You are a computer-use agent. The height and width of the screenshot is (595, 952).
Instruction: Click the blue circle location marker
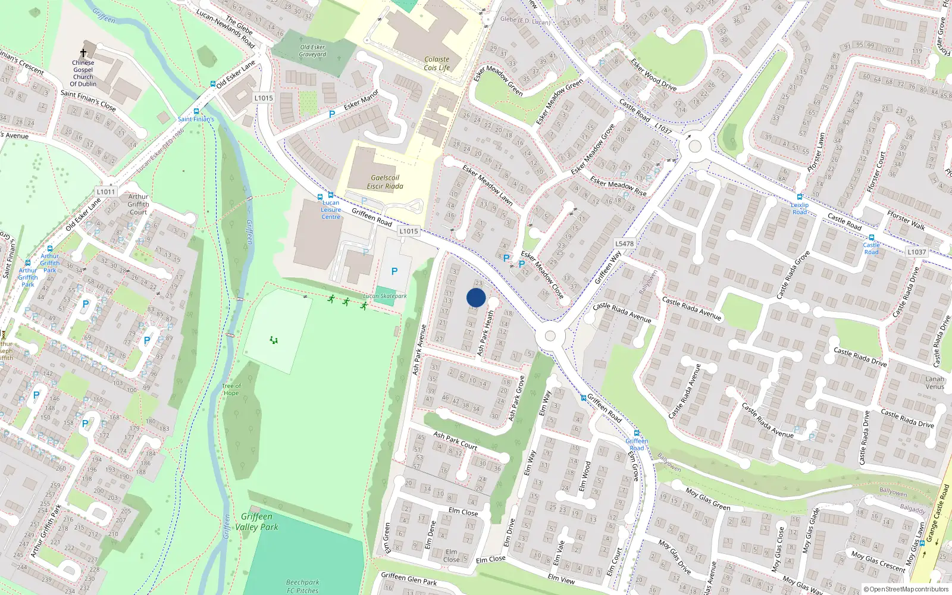[x=476, y=297]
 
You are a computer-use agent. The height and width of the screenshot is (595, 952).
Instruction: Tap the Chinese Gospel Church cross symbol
[x=83, y=53]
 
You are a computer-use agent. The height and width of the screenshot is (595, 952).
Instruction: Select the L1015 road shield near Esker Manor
[x=263, y=98]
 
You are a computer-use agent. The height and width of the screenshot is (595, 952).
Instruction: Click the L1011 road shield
[x=106, y=192]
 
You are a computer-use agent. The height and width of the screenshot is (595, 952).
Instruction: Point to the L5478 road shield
[x=624, y=243]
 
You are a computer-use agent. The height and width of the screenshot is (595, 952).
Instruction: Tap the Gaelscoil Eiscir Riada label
[x=385, y=182]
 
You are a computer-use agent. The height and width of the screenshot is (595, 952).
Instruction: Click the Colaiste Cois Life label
[x=437, y=64]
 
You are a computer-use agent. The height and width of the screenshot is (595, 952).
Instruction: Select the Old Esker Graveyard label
[x=312, y=51]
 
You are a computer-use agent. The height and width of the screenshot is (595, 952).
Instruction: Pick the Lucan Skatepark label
[x=385, y=296]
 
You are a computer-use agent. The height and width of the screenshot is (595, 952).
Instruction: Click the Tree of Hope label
[x=231, y=390]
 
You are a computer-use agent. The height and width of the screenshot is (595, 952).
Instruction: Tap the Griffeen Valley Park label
[x=256, y=522]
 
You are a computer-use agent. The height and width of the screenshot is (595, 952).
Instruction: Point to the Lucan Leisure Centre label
[x=331, y=209]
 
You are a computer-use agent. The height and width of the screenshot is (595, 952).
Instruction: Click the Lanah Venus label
[x=935, y=383]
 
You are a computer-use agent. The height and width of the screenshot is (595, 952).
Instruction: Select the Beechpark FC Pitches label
[x=302, y=587]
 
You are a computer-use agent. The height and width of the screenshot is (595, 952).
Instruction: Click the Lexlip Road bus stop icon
[x=800, y=197]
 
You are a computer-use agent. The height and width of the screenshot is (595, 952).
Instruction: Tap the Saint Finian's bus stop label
[x=196, y=119]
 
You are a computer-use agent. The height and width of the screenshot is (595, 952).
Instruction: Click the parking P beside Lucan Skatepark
[x=394, y=271]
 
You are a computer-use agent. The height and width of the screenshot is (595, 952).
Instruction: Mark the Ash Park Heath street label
[x=486, y=333]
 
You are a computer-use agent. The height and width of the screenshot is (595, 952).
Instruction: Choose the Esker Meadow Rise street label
[x=618, y=184]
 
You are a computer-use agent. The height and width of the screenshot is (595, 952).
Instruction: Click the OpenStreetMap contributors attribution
[x=906, y=589]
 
